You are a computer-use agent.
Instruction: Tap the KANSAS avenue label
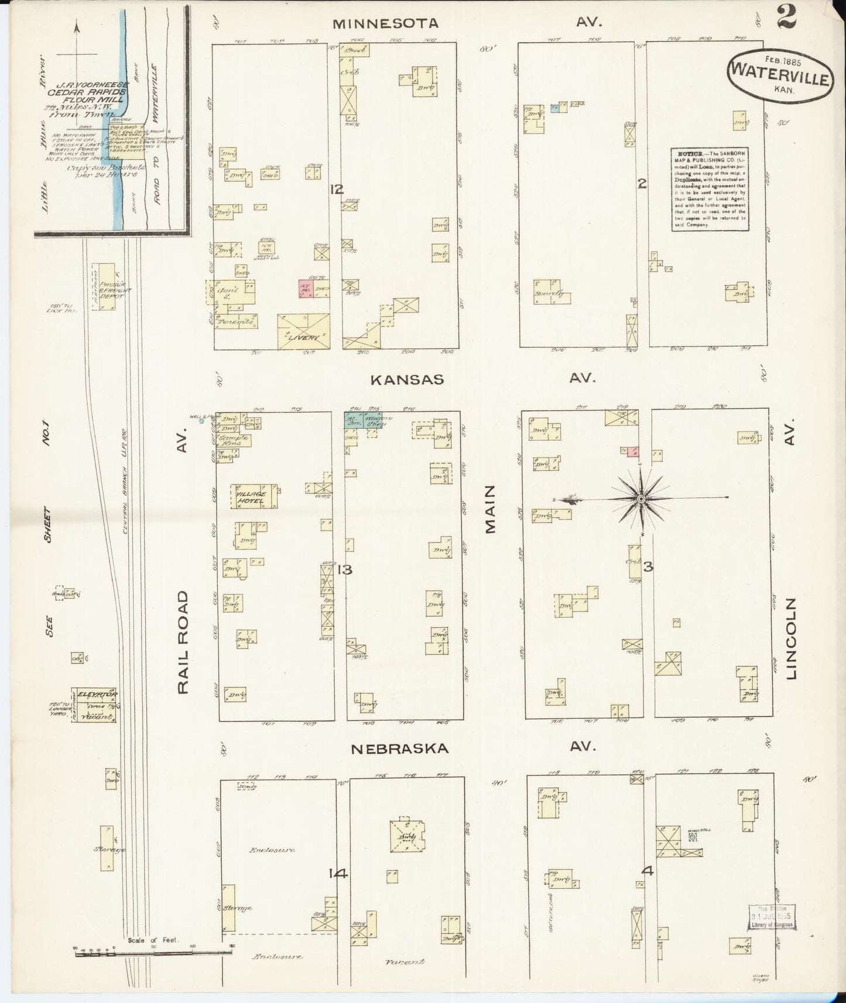pyautogui.click(x=407, y=379)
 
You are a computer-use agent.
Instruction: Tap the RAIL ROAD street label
pyautogui.click(x=184, y=642)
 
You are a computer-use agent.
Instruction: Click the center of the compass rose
pyautogui.click(x=642, y=499)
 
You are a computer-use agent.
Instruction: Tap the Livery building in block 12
pyautogui.click(x=303, y=331)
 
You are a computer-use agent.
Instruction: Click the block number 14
pyautogui.click(x=338, y=874)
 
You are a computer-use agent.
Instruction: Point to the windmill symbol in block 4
pyautogui.click(x=693, y=837)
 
